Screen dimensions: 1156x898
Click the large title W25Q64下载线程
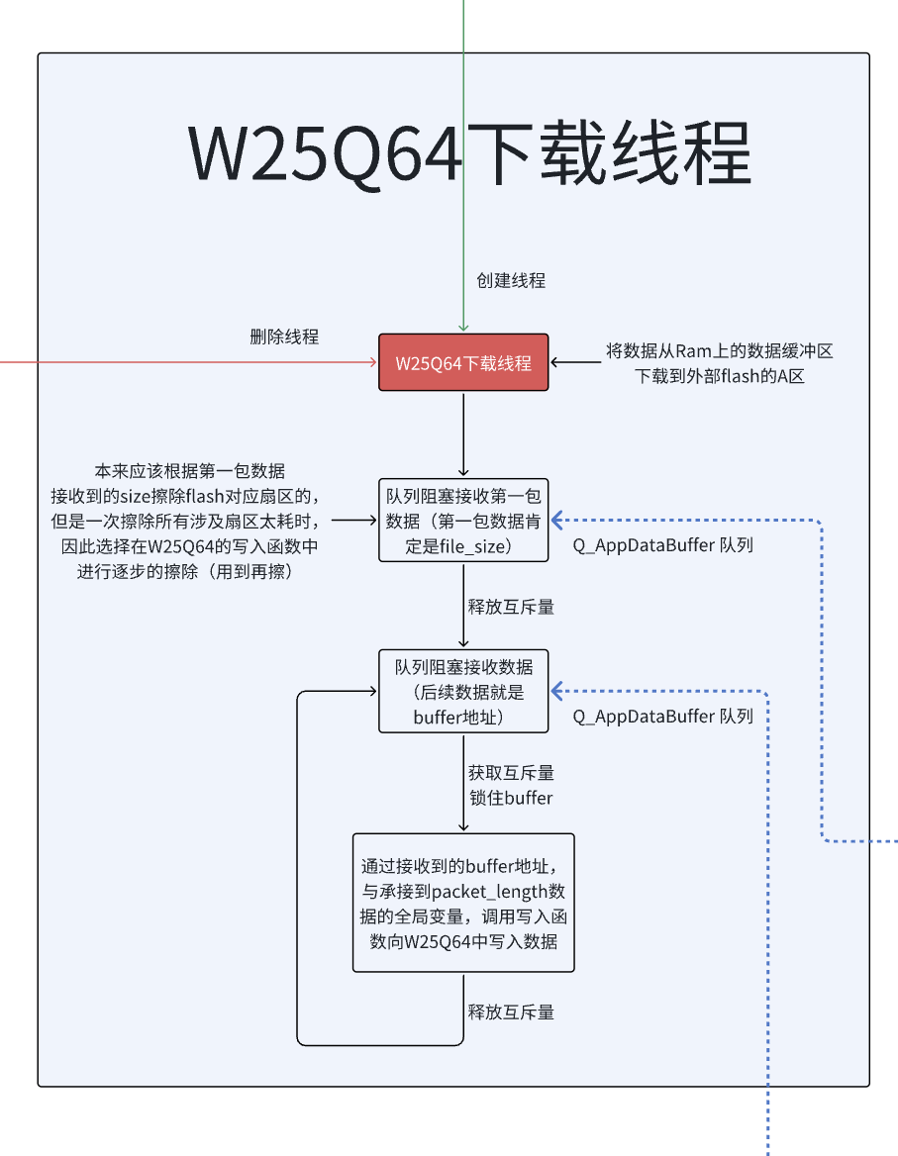click(469, 153)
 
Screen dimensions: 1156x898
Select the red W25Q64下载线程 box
click(463, 362)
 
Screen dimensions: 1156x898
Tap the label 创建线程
click(511, 280)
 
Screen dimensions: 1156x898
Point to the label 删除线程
click(284, 337)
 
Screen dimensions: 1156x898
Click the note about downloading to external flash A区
click(720, 363)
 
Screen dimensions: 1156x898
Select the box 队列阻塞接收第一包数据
click(463, 520)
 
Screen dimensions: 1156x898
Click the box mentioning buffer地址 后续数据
click(463, 691)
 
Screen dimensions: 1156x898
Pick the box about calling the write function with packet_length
click(463, 903)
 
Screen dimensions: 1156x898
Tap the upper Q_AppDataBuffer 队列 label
click(663, 544)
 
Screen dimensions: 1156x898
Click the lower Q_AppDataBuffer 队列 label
click(663, 716)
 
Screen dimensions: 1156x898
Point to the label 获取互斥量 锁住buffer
click(511, 785)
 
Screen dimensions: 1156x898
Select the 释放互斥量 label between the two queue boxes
click(511, 607)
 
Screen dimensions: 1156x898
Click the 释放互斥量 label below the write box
click(511, 1011)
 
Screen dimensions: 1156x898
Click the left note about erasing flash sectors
click(189, 521)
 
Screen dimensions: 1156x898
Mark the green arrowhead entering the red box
click(463, 328)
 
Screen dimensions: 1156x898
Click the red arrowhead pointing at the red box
click(372, 363)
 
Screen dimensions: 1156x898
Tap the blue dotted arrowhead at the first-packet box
click(556, 520)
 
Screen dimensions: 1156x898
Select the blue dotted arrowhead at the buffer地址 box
click(556, 691)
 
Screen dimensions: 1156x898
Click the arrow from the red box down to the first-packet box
click(463, 435)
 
